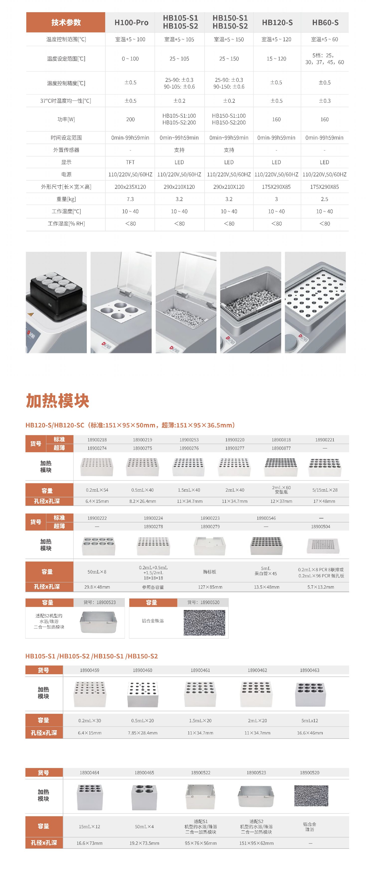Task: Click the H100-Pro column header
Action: [x=131, y=22]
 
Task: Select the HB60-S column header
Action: [x=325, y=22]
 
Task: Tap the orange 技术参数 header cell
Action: [x=66, y=22]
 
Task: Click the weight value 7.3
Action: [x=130, y=199]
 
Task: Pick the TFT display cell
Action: [x=130, y=162]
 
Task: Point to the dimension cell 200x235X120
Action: [x=130, y=187]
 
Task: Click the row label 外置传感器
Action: [x=66, y=150]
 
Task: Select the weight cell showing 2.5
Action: [x=324, y=199]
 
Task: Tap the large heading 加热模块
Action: [x=57, y=401]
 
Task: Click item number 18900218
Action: [x=97, y=440]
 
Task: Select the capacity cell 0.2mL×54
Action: [x=97, y=490]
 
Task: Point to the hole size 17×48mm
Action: [x=324, y=501]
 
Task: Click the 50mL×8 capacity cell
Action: [x=97, y=572]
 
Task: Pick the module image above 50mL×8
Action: [x=98, y=545]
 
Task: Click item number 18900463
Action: [x=309, y=670]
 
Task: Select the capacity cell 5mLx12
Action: [x=309, y=720]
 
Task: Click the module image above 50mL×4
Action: [x=144, y=797]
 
